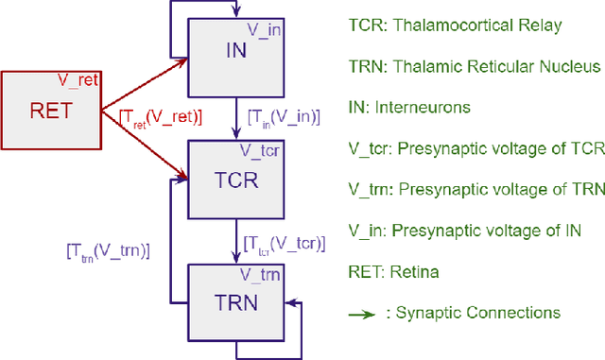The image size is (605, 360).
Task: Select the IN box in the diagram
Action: click(x=236, y=53)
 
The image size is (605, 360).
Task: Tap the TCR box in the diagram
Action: click(x=236, y=180)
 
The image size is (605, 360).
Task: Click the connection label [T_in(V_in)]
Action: click(x=283, y=117)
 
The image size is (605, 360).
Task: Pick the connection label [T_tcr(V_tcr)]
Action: click(x=283, y=244)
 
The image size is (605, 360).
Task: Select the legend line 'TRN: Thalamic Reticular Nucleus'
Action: click(x=472, y=66)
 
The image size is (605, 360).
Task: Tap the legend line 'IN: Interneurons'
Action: click(x=410, y=108)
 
